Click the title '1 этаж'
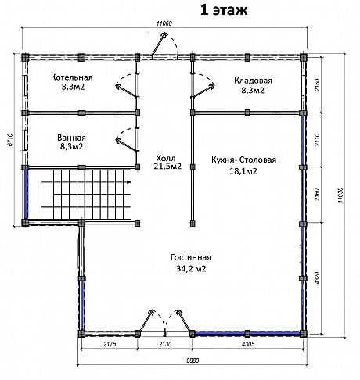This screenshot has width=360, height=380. (x=224, y=10)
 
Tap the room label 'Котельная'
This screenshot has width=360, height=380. (x=72, y=77)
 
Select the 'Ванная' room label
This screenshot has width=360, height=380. (x=71, y=138)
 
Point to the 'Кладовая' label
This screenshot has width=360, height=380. (x=253, y=81)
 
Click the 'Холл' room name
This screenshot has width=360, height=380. (x=166, y=158)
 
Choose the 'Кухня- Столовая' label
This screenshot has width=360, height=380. (x=243, y=160)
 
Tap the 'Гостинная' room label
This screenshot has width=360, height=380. (x=191, y=257)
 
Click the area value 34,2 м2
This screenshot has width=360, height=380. (x=191, y=268)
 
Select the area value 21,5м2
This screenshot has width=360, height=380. (x=167, y=167)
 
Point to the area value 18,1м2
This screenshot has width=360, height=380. (x=243, y=171)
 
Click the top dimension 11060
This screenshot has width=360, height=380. (x=164, y=23)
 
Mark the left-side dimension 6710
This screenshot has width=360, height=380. (x=10, y=141)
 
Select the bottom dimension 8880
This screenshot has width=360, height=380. (x=193, y=360)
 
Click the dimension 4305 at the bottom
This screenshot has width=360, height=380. (x=248, y=344)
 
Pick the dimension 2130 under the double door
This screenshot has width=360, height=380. (x=165, y=344)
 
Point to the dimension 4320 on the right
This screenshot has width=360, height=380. (x=318, y=278)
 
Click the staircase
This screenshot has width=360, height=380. (x=86, y=195)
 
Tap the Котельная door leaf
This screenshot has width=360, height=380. (x=127, y=91)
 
